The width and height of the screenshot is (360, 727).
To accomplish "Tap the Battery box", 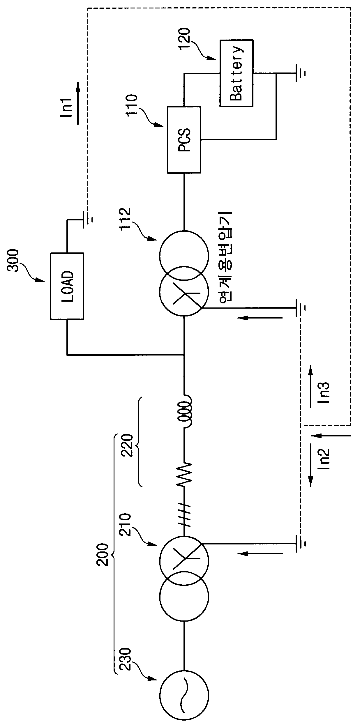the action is (236, 73).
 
